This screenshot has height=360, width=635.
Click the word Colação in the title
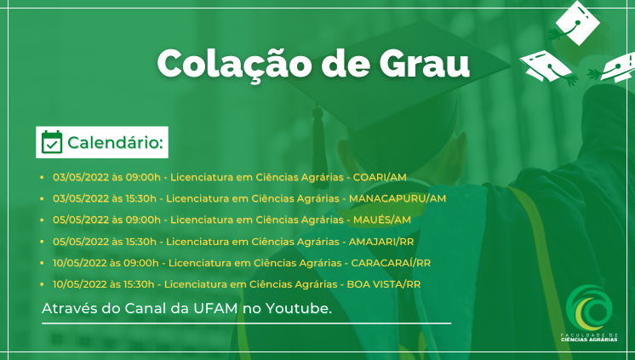234,65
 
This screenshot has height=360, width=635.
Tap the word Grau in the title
424,64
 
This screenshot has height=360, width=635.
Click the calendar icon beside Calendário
52,142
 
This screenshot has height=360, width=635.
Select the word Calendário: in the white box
116,142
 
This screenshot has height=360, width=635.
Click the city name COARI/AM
380,177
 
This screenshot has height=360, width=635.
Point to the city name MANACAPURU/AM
398,198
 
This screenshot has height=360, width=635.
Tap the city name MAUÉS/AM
382,220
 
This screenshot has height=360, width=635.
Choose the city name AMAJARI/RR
381,242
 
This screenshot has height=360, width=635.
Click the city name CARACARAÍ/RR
391,262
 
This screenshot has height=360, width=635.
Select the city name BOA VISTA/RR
384,284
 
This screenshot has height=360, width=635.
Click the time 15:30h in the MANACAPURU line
141,198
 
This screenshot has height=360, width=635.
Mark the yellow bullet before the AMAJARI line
42,242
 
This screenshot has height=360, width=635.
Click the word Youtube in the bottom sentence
298,309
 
